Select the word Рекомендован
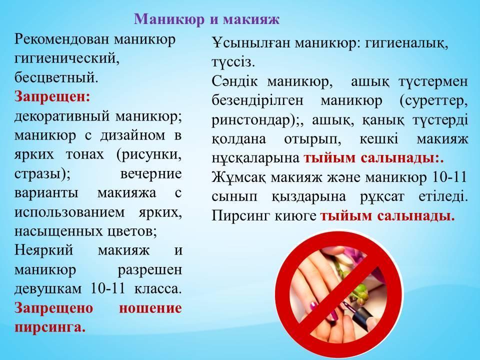62,40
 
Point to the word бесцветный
56,78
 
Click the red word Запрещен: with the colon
52,97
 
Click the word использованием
69,212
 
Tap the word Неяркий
44,250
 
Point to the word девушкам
48,288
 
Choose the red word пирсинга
50,327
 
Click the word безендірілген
257,100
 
